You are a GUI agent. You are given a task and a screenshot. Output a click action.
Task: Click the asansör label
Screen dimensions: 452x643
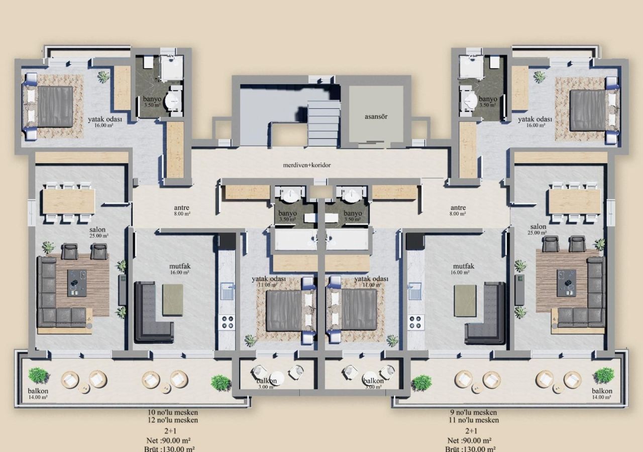pos(376,116)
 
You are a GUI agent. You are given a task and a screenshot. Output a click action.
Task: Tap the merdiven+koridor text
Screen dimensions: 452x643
pos(306,165)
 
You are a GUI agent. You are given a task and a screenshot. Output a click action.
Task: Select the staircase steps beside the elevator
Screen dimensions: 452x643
pos(323,123)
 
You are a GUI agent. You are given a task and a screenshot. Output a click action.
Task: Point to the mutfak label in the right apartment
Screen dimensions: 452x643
pos(463,266)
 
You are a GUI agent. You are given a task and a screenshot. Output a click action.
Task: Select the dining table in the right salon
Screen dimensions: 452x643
pos(574,201)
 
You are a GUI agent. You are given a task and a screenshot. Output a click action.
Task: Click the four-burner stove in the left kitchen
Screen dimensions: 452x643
pos(227,322)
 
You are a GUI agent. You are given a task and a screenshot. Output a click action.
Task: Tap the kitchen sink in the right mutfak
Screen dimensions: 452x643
pos(414,291)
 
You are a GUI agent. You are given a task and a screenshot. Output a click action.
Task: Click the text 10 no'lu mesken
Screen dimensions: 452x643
pos(172,412)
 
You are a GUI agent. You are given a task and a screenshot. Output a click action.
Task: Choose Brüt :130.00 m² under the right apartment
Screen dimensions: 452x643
pos(471,448)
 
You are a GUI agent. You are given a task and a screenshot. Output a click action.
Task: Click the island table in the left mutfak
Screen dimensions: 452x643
pos(172,299)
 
